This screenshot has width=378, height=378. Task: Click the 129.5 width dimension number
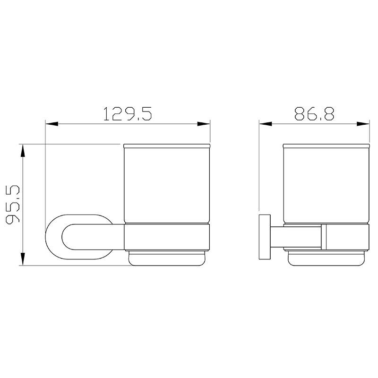pyautogui.click(x=128, y=114)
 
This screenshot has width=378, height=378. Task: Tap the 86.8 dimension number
pyautogui.click(x=314, y=114)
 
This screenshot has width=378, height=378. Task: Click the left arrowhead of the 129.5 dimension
pyautogui.click(x=52, y=124)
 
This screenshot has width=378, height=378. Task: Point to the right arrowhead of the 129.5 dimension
pyautogui.click(x=204, y=124)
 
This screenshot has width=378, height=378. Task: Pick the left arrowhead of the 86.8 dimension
pyautogui.click(x=266, y=124)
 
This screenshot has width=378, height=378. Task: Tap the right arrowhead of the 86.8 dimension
pyautogui.click(x=363, y=124)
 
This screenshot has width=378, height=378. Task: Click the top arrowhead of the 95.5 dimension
pyautogui.click(x=23, y=151)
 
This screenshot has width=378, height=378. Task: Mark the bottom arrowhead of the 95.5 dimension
pyautogui.click(x=23, y=259)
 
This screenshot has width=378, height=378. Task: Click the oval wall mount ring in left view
pyautogui.click(x=53, y=237)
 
